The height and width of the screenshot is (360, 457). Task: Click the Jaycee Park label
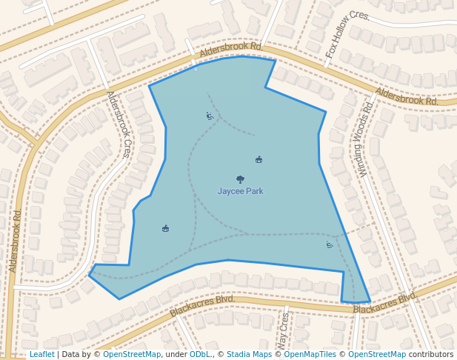coord(240,191)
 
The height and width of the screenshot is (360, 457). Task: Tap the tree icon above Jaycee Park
coord(240,179)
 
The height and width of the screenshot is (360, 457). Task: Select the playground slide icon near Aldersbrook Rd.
coord(210,116)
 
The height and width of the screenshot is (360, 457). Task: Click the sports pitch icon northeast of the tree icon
coord(258,159)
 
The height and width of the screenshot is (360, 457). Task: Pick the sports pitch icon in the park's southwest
coord(165,228)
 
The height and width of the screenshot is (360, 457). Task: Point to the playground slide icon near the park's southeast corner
coord(329,244)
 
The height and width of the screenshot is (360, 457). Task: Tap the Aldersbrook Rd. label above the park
coord(231,48)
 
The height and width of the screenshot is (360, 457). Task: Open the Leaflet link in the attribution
coord(41,355)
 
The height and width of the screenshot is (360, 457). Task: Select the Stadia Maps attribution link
coord(249,355)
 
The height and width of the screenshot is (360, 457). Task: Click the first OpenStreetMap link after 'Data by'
coord(132,355)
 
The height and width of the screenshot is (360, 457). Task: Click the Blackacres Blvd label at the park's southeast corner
coord(384,303)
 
